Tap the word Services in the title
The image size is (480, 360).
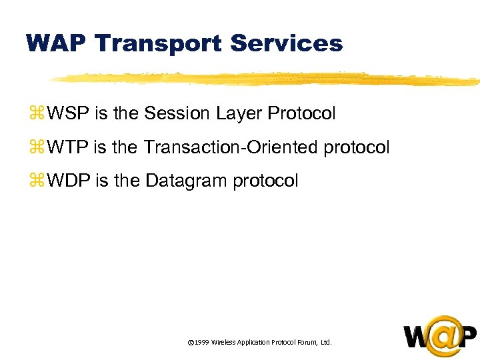286,43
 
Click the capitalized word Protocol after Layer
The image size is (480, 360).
301,114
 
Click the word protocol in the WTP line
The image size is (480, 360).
356,147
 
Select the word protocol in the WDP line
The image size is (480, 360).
265,181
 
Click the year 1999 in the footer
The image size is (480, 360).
202,342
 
